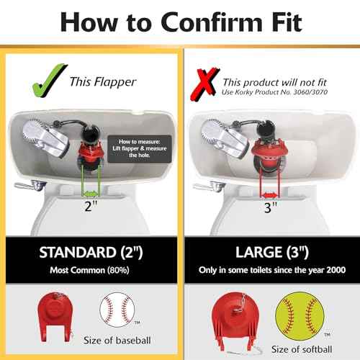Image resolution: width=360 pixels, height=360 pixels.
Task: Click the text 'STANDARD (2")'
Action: coord(90,254)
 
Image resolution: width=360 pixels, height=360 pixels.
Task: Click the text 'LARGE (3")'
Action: coord(270,254)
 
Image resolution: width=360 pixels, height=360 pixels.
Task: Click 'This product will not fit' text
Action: coord(274,82)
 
